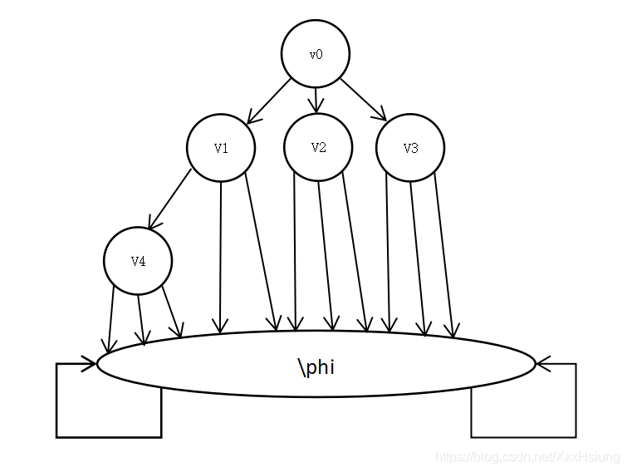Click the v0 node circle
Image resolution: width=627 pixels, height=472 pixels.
click(316, 54)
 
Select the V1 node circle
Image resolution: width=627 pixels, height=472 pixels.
click(221, 148)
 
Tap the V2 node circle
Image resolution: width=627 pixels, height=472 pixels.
click(318, 147)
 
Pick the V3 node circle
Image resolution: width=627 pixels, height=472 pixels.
click(410, 148)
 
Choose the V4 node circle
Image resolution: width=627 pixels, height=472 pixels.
click(138, 261)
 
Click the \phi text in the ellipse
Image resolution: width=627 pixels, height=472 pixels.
click(316, 366)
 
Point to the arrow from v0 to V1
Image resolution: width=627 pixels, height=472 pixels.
click(269, 101)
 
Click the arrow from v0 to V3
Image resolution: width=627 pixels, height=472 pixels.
click(363, 100)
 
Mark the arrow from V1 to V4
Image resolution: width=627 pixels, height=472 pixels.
click(170, 199)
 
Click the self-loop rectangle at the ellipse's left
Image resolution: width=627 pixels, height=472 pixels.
click(108, 415)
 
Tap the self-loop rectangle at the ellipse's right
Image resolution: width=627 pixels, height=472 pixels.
click(523, 415)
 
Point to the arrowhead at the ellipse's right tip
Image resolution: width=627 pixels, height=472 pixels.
click(542, 363)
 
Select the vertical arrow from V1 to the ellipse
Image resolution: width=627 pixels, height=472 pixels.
click(220, 258)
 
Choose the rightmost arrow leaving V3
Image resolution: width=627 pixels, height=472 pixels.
click(443, 258)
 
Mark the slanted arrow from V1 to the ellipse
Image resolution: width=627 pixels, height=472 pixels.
click(262, 249)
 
